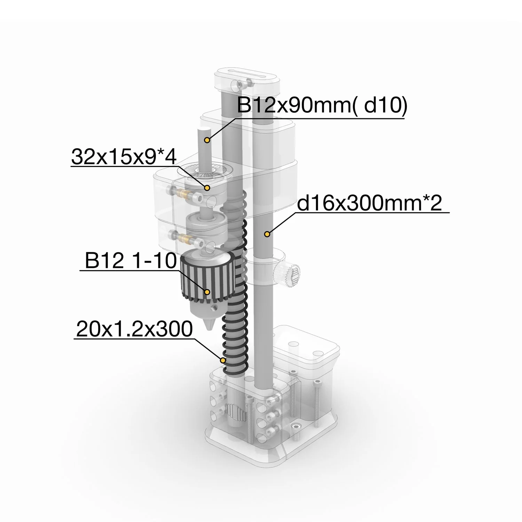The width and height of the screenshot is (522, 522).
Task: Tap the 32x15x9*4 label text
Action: (124, 157)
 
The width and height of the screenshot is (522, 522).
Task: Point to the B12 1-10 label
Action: (130, 260)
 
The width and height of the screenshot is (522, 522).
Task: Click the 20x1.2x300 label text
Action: (134, 329)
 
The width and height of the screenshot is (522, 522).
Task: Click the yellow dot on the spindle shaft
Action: (207, 140)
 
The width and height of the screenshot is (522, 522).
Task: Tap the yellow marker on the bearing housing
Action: (207, 188)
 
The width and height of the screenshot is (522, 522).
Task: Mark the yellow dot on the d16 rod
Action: (267, 234)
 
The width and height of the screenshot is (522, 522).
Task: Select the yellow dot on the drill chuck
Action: (207, 292)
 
